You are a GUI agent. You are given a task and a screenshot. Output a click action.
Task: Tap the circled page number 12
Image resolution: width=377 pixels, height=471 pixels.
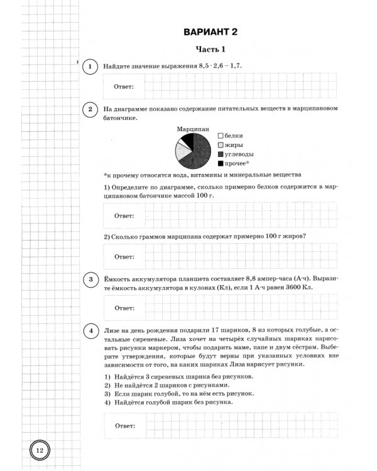point(38,450)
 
